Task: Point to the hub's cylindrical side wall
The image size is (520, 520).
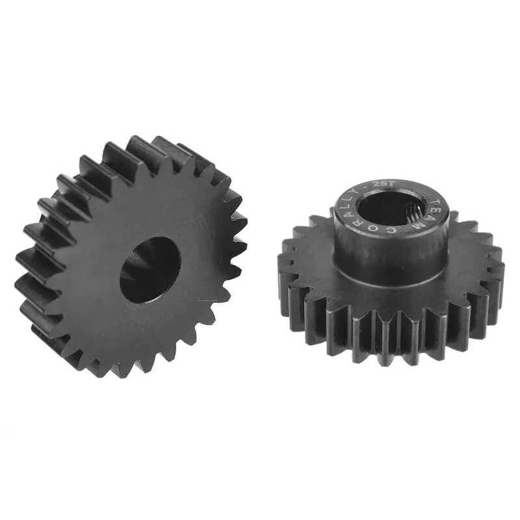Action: [x=390, y=260]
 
